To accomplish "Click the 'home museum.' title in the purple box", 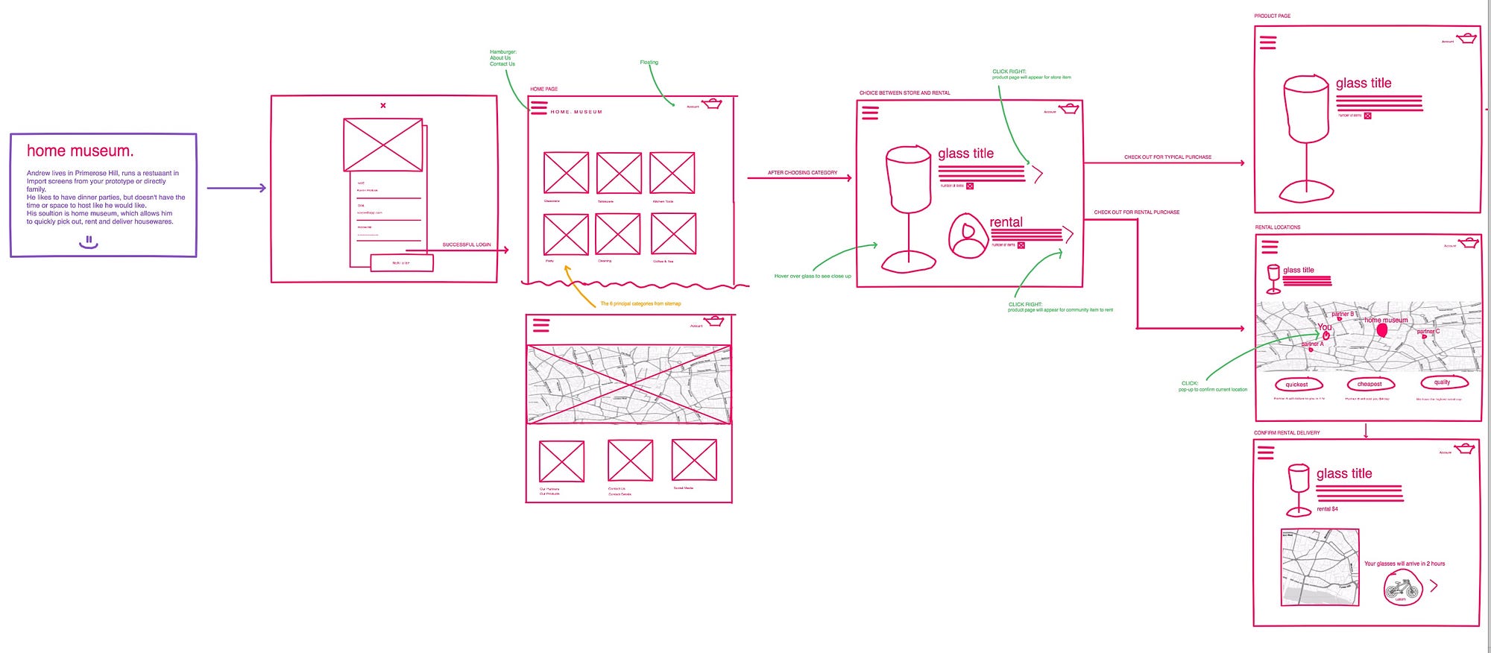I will point(81,151).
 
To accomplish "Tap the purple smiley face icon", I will point(89,242).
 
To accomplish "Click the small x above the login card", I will point(383,106).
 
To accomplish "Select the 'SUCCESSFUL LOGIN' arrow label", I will point(467,245).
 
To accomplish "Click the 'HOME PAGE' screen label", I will point(543,89).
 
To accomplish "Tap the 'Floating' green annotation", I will point(649,63).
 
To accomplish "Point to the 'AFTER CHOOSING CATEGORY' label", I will point(802,173).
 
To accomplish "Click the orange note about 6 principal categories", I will point(640,304).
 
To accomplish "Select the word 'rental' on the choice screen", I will point(1006,222).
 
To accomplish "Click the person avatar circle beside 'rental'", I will point(968,236).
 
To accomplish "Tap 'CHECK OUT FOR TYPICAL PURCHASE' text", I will point(1167,157).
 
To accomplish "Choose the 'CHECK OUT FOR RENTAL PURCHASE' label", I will point(1136,212).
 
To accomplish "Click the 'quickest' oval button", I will point(1298,385).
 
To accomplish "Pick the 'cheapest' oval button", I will point(1369,385).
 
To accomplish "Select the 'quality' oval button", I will point(1443,382).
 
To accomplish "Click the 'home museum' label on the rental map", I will point(1386,321).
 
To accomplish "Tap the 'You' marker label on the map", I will point(1324,327).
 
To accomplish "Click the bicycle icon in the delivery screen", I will point(1402,589).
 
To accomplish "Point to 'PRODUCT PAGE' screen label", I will point(1272,16).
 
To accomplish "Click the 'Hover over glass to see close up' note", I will point(813,277).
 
